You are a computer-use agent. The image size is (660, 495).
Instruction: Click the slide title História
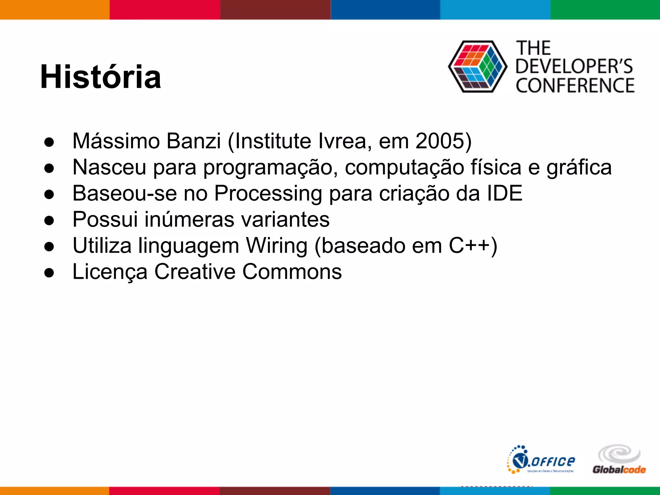tap(101, 77)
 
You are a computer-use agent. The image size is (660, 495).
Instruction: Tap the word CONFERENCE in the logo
tap(575, 86)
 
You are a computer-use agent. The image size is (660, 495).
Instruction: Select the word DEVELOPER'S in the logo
tap(574, 66)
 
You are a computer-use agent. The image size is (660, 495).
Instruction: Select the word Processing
tap(268, 194)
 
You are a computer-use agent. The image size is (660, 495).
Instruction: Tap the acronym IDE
tap(504, 193)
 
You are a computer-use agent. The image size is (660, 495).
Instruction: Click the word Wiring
tap(277, 246)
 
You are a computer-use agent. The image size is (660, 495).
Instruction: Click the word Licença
tap(110, 272)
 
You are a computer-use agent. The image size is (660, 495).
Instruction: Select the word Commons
tap(292, 272)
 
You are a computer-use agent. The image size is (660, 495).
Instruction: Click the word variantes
tap(286, 220)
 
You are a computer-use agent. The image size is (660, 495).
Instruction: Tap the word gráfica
tap(579, 168)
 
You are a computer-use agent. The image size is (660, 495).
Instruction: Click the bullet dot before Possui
tap(49, 221)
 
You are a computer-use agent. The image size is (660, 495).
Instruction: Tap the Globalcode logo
tap(619, 460)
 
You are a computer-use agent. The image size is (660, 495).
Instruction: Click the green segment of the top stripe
tap(605, 10)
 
